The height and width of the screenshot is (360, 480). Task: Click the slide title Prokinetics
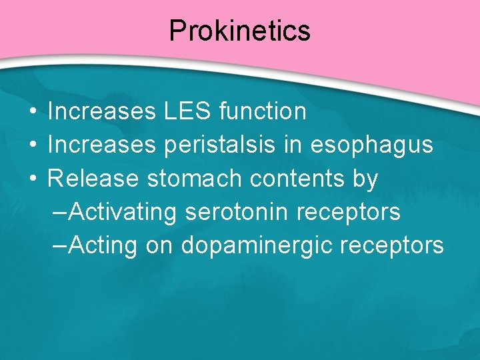point(239,31)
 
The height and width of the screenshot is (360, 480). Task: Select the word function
point(262,111)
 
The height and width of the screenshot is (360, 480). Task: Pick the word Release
point(93,178)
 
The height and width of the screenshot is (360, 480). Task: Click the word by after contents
point(366,179)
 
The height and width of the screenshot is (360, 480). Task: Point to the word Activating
point(123,212)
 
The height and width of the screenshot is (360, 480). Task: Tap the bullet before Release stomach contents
point(32,179)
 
